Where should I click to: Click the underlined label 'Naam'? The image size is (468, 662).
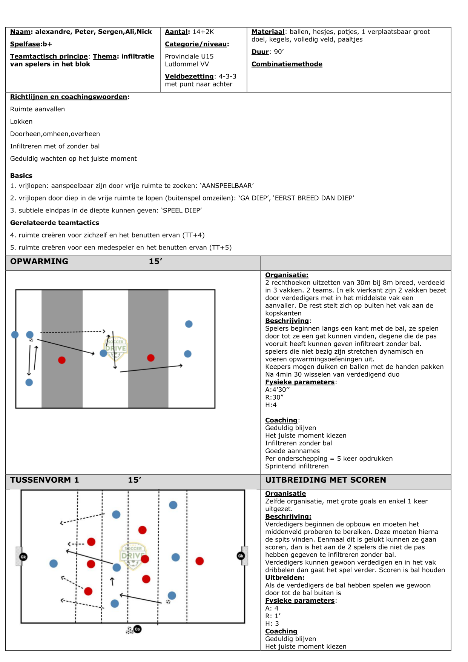(20, 32)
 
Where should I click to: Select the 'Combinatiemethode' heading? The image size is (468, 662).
(287, 64)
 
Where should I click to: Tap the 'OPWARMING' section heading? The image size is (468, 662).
(39, 261)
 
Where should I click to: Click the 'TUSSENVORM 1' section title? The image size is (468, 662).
(44, 480)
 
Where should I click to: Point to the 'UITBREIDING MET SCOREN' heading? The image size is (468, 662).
(325, 480)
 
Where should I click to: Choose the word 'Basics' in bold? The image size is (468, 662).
(21, 176)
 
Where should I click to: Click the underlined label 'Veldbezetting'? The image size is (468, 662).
(189, 76)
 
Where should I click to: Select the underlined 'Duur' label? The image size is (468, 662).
(260, 52)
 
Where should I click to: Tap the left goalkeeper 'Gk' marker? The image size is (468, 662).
(23, 557)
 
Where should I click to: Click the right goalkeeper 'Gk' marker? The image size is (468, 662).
(241, 556)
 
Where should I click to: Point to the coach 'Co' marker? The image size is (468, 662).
(138, 629)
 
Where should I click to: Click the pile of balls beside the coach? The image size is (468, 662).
(129, 630)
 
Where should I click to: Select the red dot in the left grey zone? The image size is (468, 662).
(62, 360)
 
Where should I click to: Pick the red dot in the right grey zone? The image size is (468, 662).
(151, 358)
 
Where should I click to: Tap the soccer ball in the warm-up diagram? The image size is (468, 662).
(31, 340)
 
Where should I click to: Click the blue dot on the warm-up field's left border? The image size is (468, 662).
(15, 335)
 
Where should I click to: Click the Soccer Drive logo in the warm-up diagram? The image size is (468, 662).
(116, 348)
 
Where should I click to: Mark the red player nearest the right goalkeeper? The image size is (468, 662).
(199, 561)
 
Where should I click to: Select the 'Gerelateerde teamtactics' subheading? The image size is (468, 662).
(55, 223)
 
